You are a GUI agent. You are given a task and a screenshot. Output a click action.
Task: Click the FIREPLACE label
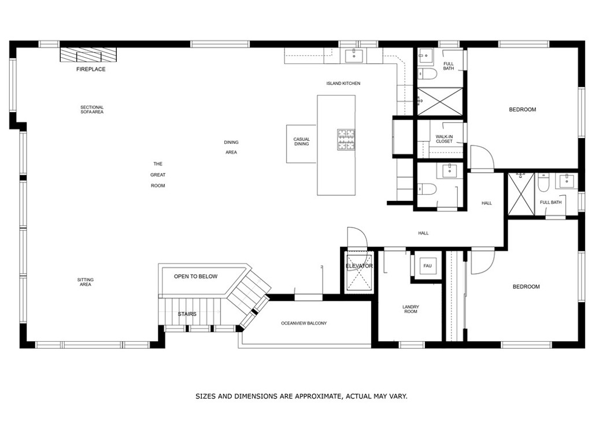point(91,69)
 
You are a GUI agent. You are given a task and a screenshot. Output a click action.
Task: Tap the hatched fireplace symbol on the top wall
point(88,55)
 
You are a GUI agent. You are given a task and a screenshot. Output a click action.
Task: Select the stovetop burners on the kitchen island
point(346,139)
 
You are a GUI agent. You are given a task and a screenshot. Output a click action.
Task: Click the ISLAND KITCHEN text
point(343,84)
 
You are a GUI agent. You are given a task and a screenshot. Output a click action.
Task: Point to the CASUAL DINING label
point(301,141)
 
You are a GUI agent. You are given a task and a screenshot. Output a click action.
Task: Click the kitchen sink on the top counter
point(353,55)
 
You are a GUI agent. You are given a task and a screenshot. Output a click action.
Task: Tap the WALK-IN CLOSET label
point(444,139)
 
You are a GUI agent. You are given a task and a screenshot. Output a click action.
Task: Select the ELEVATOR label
point(359,266)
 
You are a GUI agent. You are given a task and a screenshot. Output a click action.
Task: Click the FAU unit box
point(427,266)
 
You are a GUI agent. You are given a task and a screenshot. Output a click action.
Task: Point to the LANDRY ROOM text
point(410,310)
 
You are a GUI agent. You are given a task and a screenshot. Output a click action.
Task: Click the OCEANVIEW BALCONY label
point(304,323)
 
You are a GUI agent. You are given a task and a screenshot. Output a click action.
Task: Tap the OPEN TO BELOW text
point(195,277)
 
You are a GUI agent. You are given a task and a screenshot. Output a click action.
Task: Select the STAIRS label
point(187,315)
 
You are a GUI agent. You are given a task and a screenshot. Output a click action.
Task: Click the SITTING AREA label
point(86,282)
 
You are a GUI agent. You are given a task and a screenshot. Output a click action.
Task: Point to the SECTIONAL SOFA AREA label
point(92,109)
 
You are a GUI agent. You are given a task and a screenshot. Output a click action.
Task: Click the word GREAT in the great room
point(158,175)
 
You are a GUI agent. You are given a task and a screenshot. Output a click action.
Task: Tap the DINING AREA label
point(231,147)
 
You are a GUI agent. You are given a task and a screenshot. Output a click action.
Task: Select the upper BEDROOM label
point(522,110)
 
